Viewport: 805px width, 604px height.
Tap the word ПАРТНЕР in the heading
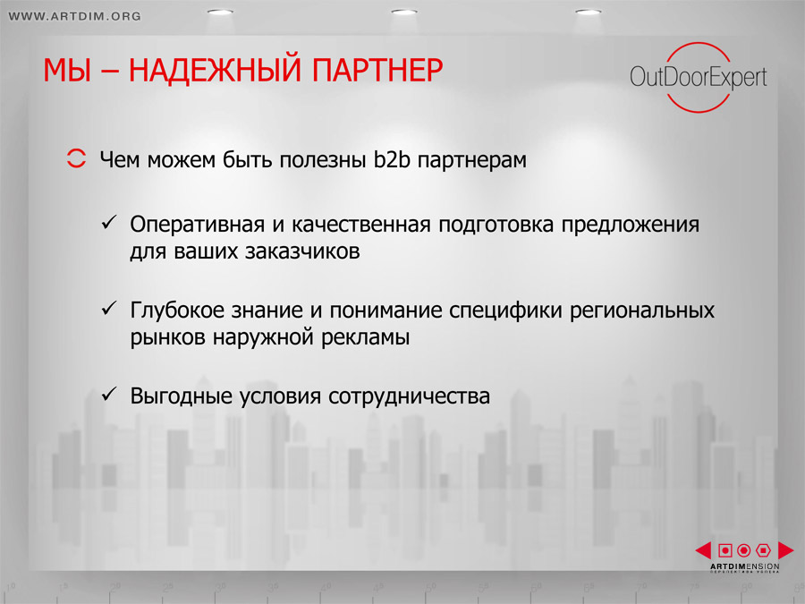377,70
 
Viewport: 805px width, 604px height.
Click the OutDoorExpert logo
699,77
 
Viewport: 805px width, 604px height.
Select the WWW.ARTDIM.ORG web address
75,16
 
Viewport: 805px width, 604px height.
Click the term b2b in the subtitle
393,159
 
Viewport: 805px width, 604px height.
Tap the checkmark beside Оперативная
109,223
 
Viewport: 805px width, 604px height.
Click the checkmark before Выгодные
109,394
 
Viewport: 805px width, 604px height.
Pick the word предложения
630,225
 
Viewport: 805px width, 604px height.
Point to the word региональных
641,311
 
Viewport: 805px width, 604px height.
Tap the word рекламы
366,338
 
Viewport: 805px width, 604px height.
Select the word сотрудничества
409,396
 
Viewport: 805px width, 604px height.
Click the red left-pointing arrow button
703,550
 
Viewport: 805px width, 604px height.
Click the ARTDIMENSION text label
744,566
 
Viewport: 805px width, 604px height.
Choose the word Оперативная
198,225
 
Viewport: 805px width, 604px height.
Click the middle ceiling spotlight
404,12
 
